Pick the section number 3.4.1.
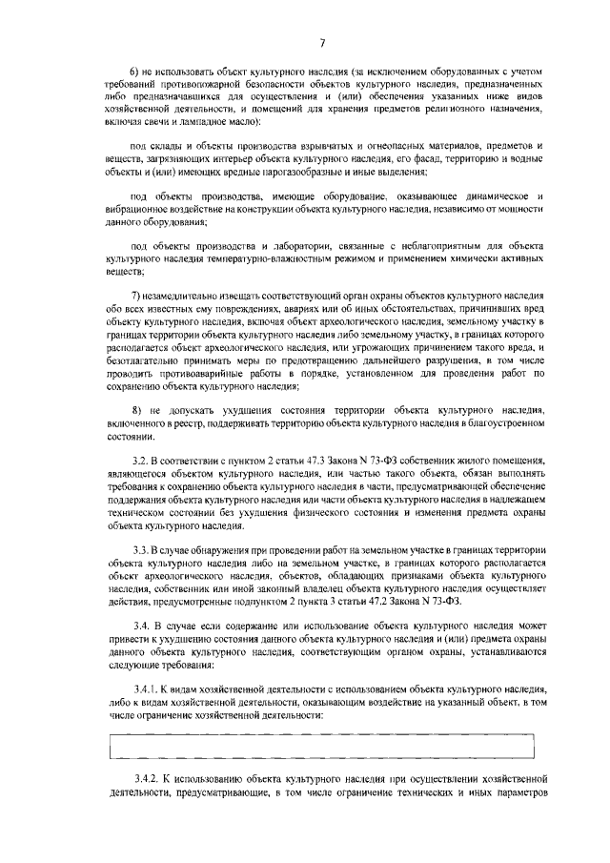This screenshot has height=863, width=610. [x=145, y=661]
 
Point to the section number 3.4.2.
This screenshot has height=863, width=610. [x=145, y=778]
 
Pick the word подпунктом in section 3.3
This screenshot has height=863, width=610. [x=273, y=602]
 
